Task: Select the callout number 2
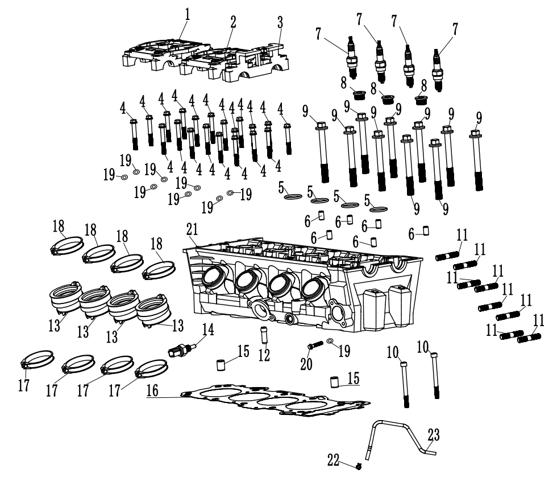[232, 21]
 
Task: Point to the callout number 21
[192, 229]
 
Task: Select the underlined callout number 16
[151, 393]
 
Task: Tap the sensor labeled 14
[181, 349]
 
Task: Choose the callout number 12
[263, 355]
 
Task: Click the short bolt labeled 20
[313, 345]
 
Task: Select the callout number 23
[434, 435]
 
